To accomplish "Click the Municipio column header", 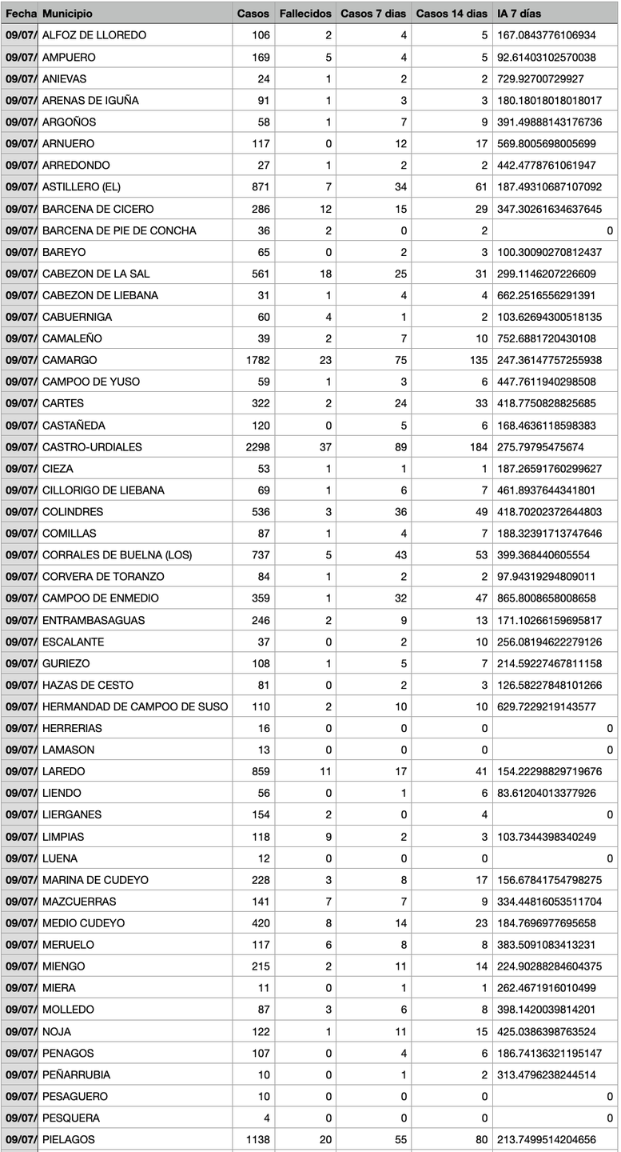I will [x=67, y=14].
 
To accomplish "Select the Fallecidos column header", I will [x=305, y=14].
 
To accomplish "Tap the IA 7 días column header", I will [x=519, y=14].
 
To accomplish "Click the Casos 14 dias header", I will [x=452, y=14].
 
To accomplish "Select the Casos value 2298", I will [x=253, y=446].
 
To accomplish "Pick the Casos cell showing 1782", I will [x=253, y=360].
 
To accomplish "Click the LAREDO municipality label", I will [x=63, y=771].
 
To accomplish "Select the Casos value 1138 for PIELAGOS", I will [x=253, y=1139].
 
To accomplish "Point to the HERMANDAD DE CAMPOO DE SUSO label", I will [x=135, y=706].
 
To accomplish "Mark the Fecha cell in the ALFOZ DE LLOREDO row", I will [x=19, y=35].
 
